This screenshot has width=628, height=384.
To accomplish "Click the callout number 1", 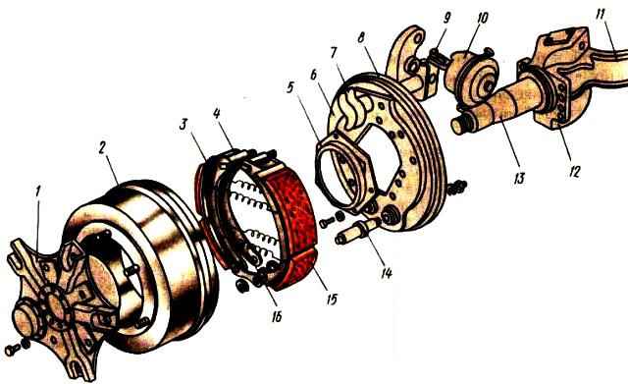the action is coord(37,192).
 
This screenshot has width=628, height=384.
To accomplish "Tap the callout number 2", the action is coord(102,147).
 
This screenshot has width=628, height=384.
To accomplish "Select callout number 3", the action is coord(183,124).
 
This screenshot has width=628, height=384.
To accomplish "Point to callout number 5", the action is coord(290,87).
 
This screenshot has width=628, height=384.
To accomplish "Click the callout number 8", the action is coord(360,38).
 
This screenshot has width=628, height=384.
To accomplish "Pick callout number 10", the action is coord(482,18).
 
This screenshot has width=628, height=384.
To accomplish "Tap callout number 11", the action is coord(600,14).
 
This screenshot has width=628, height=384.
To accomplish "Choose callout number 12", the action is coord(573,172).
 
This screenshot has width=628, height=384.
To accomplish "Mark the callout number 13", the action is coord(519,179).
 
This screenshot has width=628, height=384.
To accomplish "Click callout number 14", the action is coord(387,273).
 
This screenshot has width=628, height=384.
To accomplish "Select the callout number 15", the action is coord(332,299).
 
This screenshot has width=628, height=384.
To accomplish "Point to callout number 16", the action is coord(277,316).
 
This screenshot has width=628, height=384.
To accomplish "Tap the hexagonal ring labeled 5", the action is coord(345,175).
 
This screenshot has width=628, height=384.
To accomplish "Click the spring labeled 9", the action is coord(439,55).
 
